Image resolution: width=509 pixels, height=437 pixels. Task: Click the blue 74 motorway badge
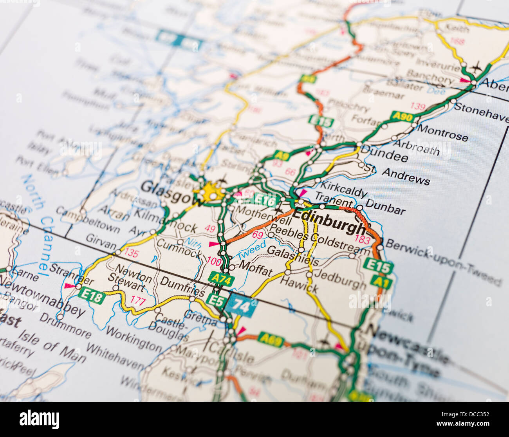coord(241,305)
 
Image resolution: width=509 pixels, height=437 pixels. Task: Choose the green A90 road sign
coord(402,117)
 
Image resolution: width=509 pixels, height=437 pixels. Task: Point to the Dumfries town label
coord(182,287)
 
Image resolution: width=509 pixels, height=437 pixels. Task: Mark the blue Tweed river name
coord(251,250)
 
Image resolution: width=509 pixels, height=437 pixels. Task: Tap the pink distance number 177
coord(138,301)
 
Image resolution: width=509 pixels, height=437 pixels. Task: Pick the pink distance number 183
coord(362,239)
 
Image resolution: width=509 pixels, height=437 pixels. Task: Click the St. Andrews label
coord(399,175)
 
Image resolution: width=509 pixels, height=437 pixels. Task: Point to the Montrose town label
coord(442,132)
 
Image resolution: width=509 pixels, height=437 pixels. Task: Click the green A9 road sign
coord(282,156)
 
